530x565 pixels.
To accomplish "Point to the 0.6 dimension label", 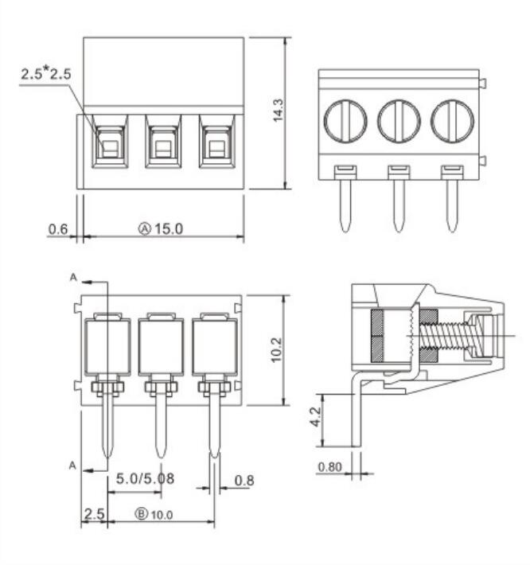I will coord(57,229).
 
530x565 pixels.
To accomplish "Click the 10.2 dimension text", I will coord(275,349).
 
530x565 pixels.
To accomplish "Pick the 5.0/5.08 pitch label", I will coord(146,480).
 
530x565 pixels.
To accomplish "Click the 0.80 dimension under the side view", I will coord(329,467).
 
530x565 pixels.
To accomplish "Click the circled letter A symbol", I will coord(146,229).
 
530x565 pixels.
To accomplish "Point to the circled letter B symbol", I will coord(142,514).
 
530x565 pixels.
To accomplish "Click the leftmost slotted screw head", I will coord(345,122).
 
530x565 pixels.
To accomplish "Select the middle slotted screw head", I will coord(399,122).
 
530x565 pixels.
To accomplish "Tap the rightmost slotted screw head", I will coord(452,122).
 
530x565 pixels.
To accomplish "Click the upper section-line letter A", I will coord(73,278).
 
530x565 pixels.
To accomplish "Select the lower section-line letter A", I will coord(73,466).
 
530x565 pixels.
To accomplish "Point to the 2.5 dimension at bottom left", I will coord(94,514).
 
